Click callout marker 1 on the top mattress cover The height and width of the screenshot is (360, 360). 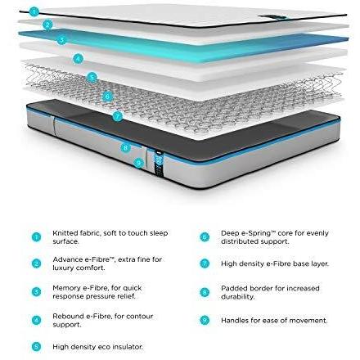point(34,11)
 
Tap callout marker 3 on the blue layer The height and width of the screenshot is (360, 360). point(62,40)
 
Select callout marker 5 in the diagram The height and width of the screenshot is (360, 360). point(92,78)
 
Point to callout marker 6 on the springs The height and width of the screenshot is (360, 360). point(107,97)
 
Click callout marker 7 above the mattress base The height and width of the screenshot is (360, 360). point(118,116)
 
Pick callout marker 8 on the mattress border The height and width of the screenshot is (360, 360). point(125,148)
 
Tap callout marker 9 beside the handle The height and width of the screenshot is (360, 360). point(139,163)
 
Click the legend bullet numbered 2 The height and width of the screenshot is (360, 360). point(36,263)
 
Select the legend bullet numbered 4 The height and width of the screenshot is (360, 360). point(36,320)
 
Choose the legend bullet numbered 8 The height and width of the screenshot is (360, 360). point(205,292)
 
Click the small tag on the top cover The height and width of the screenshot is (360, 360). point(273,17)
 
